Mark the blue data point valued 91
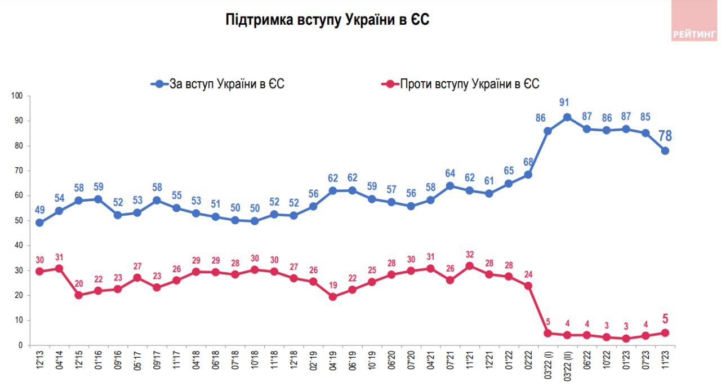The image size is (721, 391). [567, 118]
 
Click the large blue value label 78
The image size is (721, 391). [665, 136]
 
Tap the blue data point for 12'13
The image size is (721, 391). [39, 223]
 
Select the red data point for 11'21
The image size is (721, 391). [469, 266]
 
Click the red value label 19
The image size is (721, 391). [332, 285]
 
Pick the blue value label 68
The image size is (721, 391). [528, 162]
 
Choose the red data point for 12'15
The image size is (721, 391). [79, 295]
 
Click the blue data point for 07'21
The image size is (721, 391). [450, 186]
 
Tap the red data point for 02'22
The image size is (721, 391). [528, 286]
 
